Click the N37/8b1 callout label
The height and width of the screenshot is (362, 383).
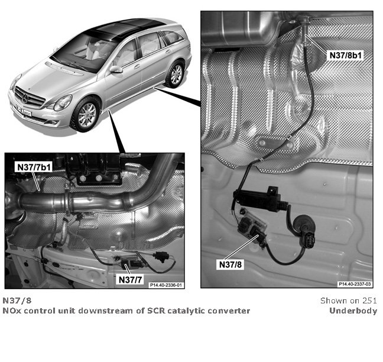(x=345, y=55)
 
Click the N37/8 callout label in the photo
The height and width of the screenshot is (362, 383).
(x=230, y=264)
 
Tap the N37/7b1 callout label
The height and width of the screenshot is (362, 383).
(x=34, y=167)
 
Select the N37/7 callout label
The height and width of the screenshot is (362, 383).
(x=130, y=280)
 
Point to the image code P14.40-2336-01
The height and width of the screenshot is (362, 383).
(x=166, y=285)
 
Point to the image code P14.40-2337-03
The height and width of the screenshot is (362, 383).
(x=355, y=284)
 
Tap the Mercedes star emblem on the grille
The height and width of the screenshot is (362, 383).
(x=25, y=98)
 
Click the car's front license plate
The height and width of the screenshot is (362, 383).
(x=24, y=110)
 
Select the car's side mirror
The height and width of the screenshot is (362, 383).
(x=116, y=69)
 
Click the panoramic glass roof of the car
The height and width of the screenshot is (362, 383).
(x=122, y=30)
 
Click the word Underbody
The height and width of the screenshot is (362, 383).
(x=353, y=311)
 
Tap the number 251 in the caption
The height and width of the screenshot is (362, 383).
(x=369, y=300)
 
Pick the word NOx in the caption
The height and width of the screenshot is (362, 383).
(x=12, y=311)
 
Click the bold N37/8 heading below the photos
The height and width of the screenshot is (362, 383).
(x=17, y=300)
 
